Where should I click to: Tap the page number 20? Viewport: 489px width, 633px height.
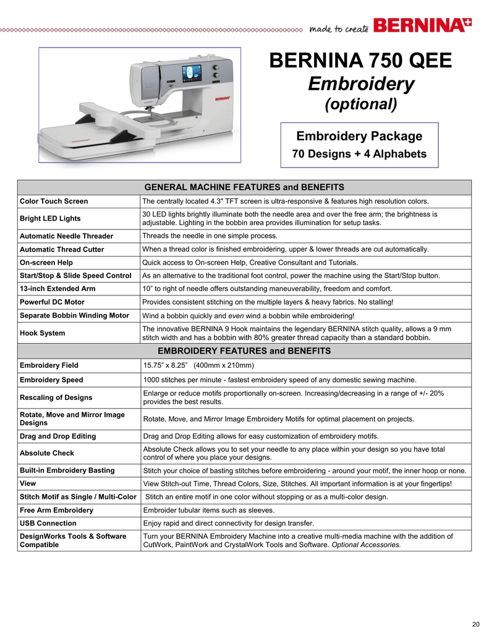[475, 622]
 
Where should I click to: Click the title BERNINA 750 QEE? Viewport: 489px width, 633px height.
[361, 61]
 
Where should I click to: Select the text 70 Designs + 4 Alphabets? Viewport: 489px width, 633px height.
[359, 154]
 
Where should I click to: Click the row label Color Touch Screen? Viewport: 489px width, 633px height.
[54, 202]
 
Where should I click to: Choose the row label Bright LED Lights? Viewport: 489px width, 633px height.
[50, 219]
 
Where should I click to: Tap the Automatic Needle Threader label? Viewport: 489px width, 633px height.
[67, 236]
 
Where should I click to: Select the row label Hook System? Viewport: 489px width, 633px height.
[43, 333]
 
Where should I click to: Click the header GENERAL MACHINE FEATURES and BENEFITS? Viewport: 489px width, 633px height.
[244, 187]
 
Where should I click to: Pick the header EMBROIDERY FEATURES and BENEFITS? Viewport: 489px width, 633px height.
[244, 351]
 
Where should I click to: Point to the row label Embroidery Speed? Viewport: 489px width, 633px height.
[51, 380]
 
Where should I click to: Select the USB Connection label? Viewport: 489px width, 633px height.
[48, 523]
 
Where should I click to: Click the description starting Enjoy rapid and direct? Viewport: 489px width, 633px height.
[228, 523]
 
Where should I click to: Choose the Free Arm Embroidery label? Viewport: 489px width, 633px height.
[57, 510]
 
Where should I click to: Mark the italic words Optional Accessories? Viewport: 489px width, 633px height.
[366, 545]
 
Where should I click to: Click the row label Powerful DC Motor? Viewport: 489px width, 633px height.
[53, 302]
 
